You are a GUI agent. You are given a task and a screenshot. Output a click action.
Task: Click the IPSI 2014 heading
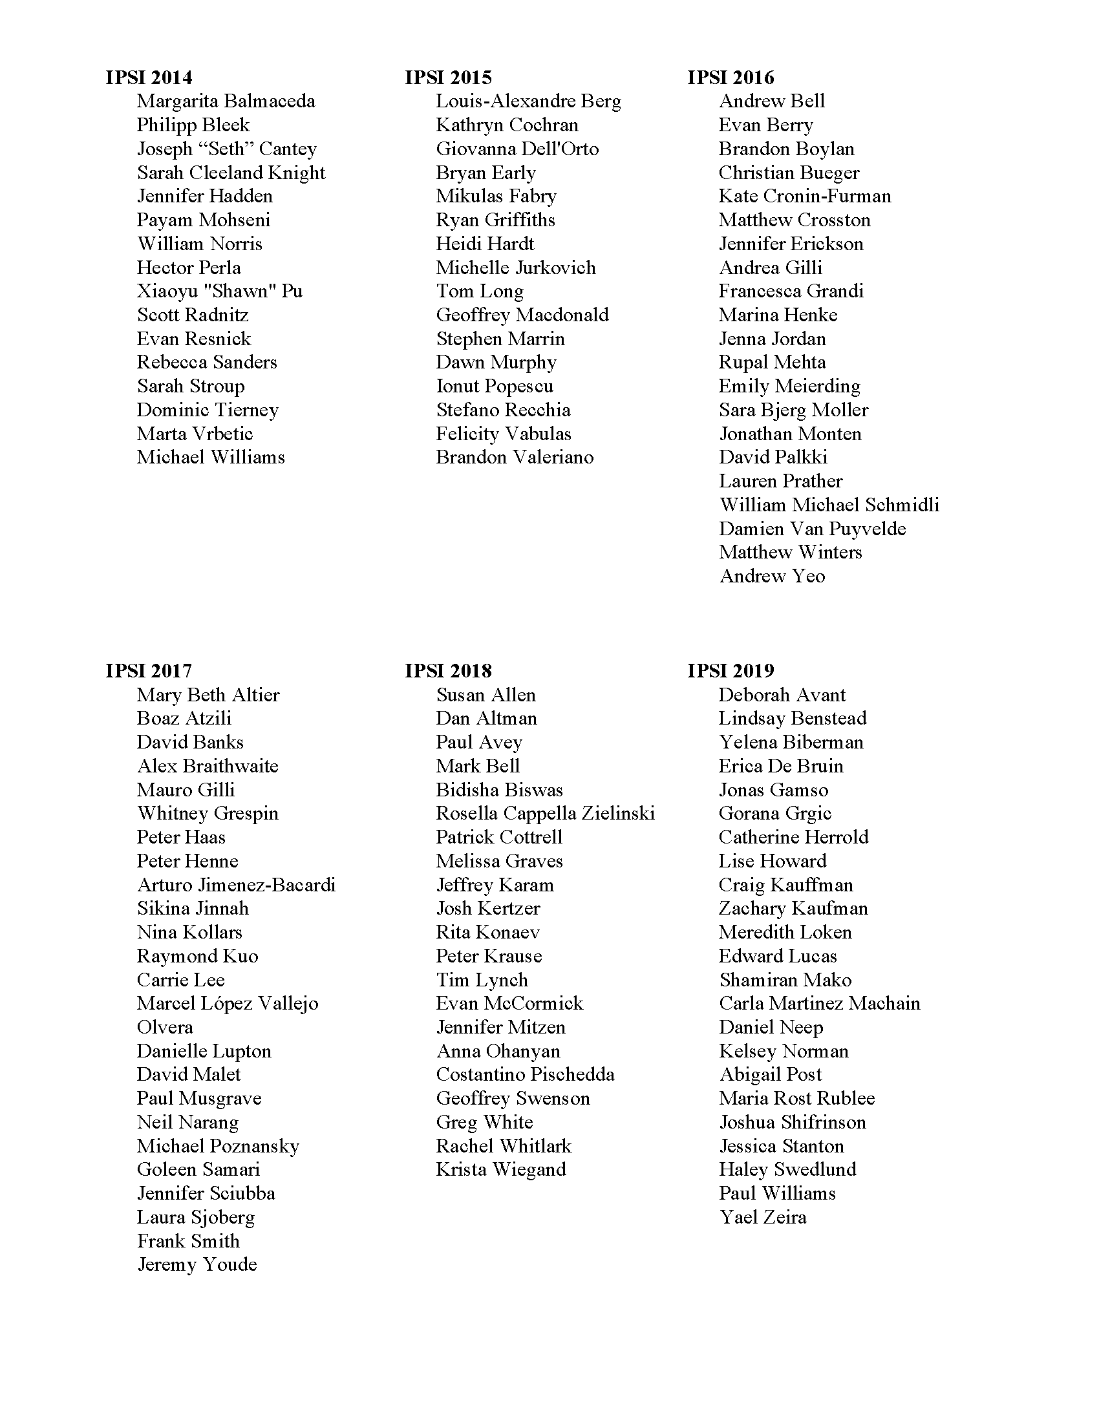point(149,78)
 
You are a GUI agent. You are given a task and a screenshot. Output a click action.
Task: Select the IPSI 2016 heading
point(731,78)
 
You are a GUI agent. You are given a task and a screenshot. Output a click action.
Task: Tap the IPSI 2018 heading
point(448,671)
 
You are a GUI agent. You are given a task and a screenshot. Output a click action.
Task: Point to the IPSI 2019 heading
point(731,671)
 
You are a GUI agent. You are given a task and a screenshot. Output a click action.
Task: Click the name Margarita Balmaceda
point(226,101)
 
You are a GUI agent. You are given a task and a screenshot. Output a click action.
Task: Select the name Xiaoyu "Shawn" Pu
point(219,291)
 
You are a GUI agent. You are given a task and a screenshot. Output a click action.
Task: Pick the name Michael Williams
point(211,457)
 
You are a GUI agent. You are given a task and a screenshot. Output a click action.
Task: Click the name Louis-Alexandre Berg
point(529,101)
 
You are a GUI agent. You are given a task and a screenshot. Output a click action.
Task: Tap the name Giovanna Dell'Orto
point(517,149)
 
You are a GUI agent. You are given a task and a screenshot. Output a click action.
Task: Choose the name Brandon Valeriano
point(515,457)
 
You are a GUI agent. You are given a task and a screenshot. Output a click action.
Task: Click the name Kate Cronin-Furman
point(805,196)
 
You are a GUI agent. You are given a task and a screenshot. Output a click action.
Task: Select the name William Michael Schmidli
point(829,505)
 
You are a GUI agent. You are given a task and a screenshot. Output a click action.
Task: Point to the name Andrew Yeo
point(772,576)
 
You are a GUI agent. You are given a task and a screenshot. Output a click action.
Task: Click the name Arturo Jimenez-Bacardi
point(237,885)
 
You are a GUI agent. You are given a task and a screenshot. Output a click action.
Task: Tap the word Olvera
point(165,1028)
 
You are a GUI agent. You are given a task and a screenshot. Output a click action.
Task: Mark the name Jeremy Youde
point(197,1264)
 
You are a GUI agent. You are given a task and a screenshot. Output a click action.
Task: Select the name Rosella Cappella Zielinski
point(546,813)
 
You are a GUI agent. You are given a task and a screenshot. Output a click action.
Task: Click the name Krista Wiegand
point(500,1169)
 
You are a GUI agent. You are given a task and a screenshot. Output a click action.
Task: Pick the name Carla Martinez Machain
point(820,1003)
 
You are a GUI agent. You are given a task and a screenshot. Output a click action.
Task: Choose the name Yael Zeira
point(763,1217)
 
